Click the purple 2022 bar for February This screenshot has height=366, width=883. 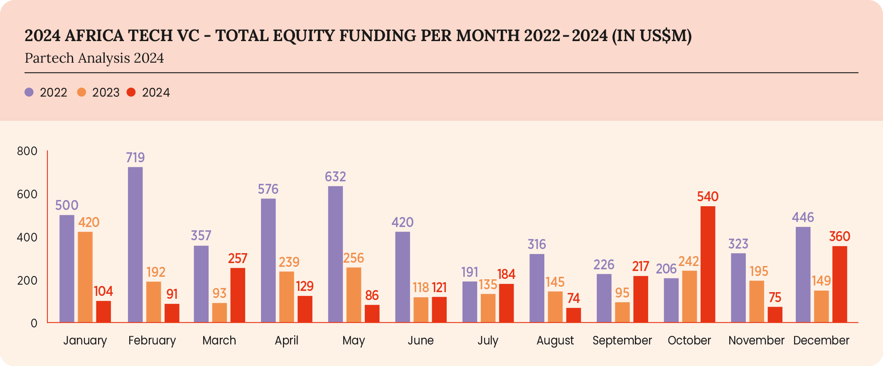point(135,245)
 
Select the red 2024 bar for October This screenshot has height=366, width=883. point(708,264)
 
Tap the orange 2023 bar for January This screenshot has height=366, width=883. point(85,277)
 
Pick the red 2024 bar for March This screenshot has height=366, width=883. point(238,295)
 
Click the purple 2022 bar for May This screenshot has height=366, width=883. point(335,254)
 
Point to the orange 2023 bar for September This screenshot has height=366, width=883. point(622,312)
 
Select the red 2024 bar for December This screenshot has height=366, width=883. point(839,284)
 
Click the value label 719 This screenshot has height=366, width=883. point(135,158)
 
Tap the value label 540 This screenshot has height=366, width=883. point(708,197)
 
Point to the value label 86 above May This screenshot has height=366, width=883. point(372,295)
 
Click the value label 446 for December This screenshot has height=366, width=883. point(803,217)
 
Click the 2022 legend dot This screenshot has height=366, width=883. point(29,92)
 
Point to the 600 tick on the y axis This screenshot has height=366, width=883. point(27,194)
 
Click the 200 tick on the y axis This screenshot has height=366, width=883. point(27,281)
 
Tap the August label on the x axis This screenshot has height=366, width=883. point(555,341)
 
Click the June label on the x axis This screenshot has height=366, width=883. point(421,341)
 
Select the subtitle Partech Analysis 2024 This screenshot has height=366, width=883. point(94,58)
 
